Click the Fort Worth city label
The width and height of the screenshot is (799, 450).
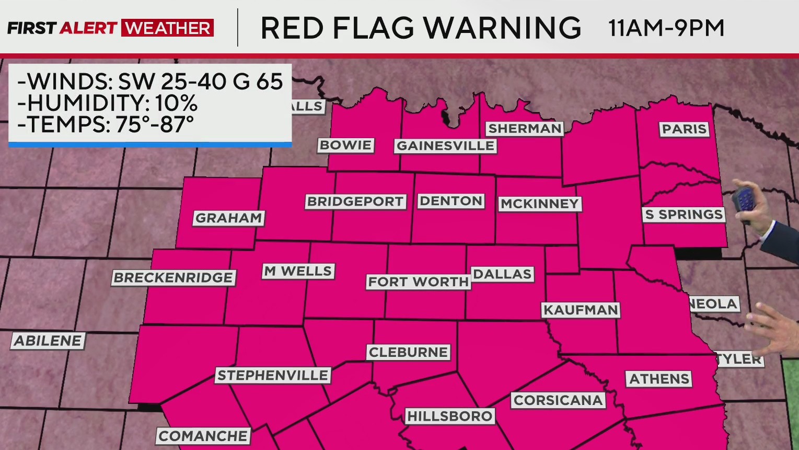[418, 282]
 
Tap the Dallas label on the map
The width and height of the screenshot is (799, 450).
[502, 274]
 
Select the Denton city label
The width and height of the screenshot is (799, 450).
[451, 201]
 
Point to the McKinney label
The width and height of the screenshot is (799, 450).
[539, 204]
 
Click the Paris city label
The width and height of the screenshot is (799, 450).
[684, 129]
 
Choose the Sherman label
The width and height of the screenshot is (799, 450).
[524, 129]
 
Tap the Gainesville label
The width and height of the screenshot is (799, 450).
[445, 146]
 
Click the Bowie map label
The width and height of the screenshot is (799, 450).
[345, 145]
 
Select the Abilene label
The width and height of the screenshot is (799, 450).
[48, 341]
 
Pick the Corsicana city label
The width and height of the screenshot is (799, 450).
[558, 400]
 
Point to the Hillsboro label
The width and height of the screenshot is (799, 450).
[449, 417]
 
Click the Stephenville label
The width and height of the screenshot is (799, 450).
[273, 375]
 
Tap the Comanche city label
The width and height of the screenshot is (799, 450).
[203, 436]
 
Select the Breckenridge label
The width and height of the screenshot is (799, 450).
[173, 278]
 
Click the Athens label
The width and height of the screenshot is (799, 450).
[659, 379]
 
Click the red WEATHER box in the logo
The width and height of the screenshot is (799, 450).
[167, 28]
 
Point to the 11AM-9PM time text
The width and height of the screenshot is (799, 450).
[666, 28]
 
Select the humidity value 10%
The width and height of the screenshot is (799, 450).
[176, 104]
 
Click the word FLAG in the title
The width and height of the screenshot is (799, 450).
[373, 28]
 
